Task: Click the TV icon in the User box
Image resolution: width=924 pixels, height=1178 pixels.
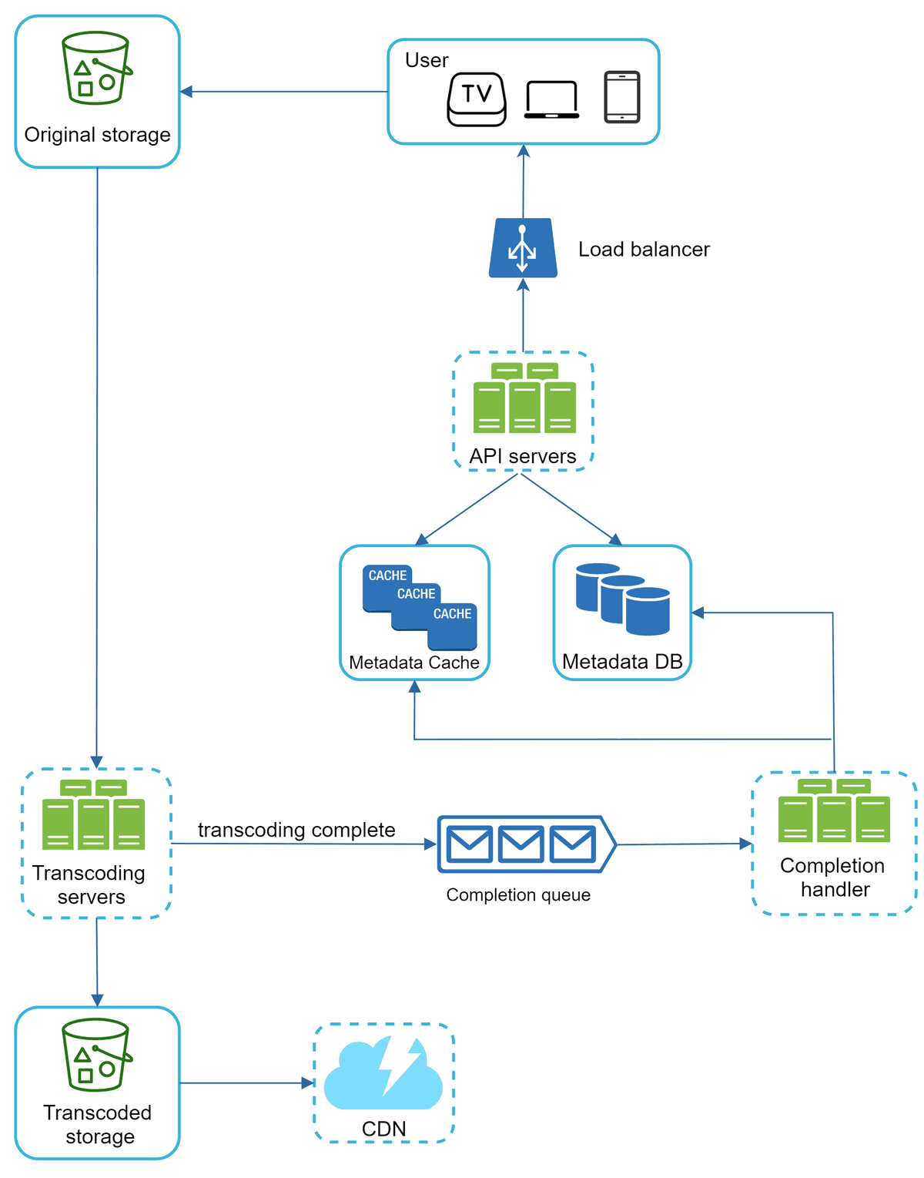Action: coord(477,99)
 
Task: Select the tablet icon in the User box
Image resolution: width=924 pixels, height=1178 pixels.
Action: coord(621,97)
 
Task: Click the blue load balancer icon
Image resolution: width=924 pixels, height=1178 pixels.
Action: coord(523,249)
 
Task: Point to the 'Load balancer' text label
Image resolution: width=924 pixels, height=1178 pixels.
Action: coord(644,250)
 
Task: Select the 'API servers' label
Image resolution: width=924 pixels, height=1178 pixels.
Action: coord(523,456)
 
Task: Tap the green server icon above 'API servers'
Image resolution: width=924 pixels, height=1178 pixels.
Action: coord(524,398)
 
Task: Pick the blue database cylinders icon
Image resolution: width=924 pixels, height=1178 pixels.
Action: coord(622,599)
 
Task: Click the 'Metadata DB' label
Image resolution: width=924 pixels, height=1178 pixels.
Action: coord(622,662)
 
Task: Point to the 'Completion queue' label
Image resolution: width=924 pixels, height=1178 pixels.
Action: coord(518,895)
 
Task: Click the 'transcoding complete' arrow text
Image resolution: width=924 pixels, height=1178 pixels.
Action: coord(296,830)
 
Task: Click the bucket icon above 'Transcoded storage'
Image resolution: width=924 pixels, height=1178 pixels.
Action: coord(96,1055)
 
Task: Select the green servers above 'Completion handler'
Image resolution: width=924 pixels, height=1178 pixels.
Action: coord(834,811)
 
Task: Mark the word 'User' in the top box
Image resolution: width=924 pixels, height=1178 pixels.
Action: coord(427,60)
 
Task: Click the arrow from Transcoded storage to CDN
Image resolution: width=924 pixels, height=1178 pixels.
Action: coord(246,1082)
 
